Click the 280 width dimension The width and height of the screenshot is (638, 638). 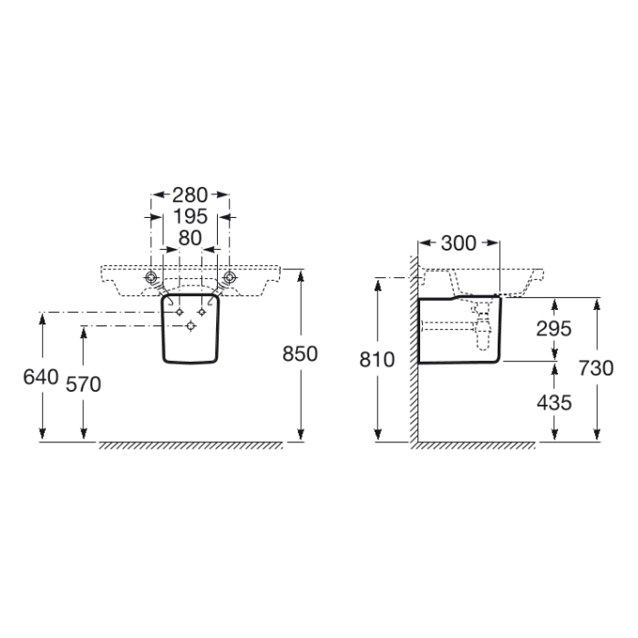(190, 194)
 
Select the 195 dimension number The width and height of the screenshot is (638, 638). (190, 216)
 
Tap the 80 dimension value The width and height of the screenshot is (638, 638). (190, 238)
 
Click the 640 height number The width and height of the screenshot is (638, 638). (42, 376)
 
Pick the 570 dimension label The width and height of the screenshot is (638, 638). (84, 384)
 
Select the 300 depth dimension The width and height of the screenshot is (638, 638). (458, 242)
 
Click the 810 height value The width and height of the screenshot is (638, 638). (378, 360)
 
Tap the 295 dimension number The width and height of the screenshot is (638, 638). (553, 329)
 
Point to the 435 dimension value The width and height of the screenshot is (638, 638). (553, 402)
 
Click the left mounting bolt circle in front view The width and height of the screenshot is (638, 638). (152, 276)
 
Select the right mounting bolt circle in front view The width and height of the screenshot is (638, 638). (230, 276)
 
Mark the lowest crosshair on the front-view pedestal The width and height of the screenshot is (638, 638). (190, 326)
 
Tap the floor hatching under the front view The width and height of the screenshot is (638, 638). (190, 446)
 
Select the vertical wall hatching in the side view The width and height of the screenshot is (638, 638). (413, 365)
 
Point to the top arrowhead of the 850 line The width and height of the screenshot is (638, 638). (300, 273)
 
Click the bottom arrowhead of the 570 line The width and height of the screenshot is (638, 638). (84, 435)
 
